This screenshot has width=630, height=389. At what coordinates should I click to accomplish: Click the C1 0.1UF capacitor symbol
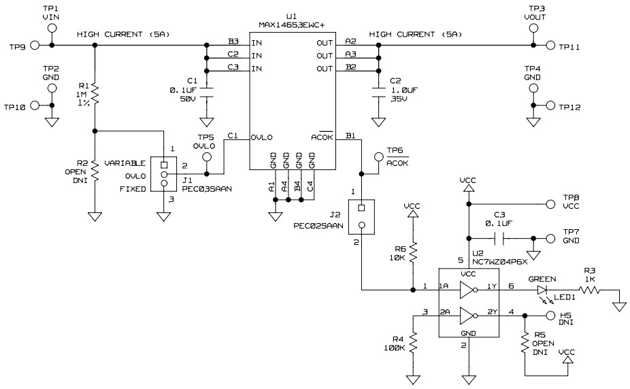[x=207, y=91]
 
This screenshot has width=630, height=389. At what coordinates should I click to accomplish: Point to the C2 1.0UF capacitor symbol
[x=377, y=91]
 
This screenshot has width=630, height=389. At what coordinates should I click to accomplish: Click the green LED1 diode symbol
[x=542, y=290]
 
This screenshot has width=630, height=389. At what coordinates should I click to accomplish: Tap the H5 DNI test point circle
[x=550, y=316]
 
